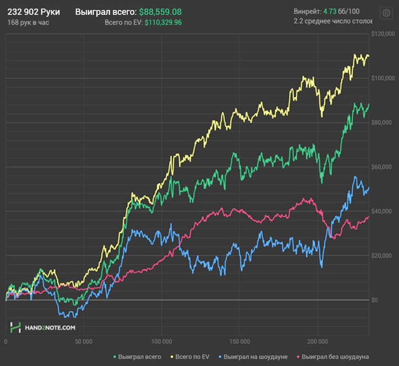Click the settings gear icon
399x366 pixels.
pos(385,13)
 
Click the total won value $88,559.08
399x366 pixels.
pos(160,11)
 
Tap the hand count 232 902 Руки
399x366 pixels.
pos(34,11)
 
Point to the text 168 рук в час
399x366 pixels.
pos(28,22)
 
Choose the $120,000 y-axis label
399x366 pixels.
pos(382,34)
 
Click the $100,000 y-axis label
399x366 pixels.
pos(382,78)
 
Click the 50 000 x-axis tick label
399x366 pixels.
pos(83,342)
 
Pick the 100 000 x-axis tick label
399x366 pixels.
pos(162,342)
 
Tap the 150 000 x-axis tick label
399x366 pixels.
pos(240,342)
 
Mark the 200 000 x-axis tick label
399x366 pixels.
pos(318,342)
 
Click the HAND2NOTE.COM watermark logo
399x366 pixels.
pos(43,328)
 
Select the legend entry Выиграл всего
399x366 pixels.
pos(139,357)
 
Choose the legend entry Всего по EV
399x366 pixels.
pos(191,357)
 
